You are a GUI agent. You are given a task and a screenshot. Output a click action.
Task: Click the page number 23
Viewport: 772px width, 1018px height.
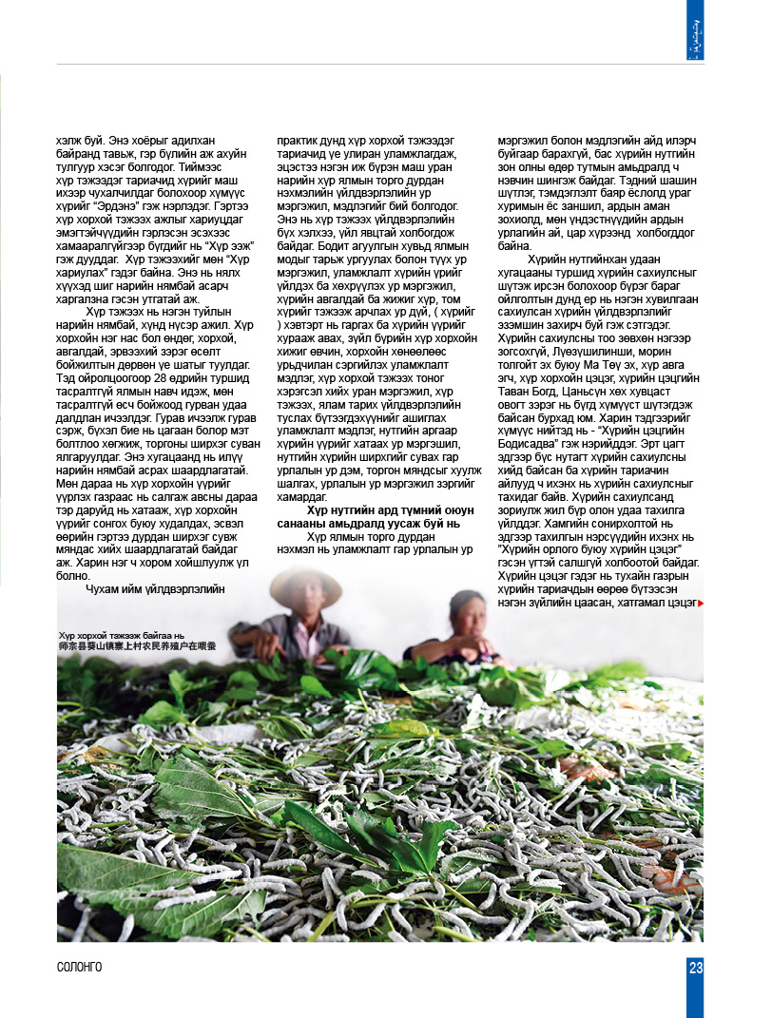coord(696,968)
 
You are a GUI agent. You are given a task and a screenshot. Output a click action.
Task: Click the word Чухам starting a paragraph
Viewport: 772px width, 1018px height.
coord(106,588)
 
